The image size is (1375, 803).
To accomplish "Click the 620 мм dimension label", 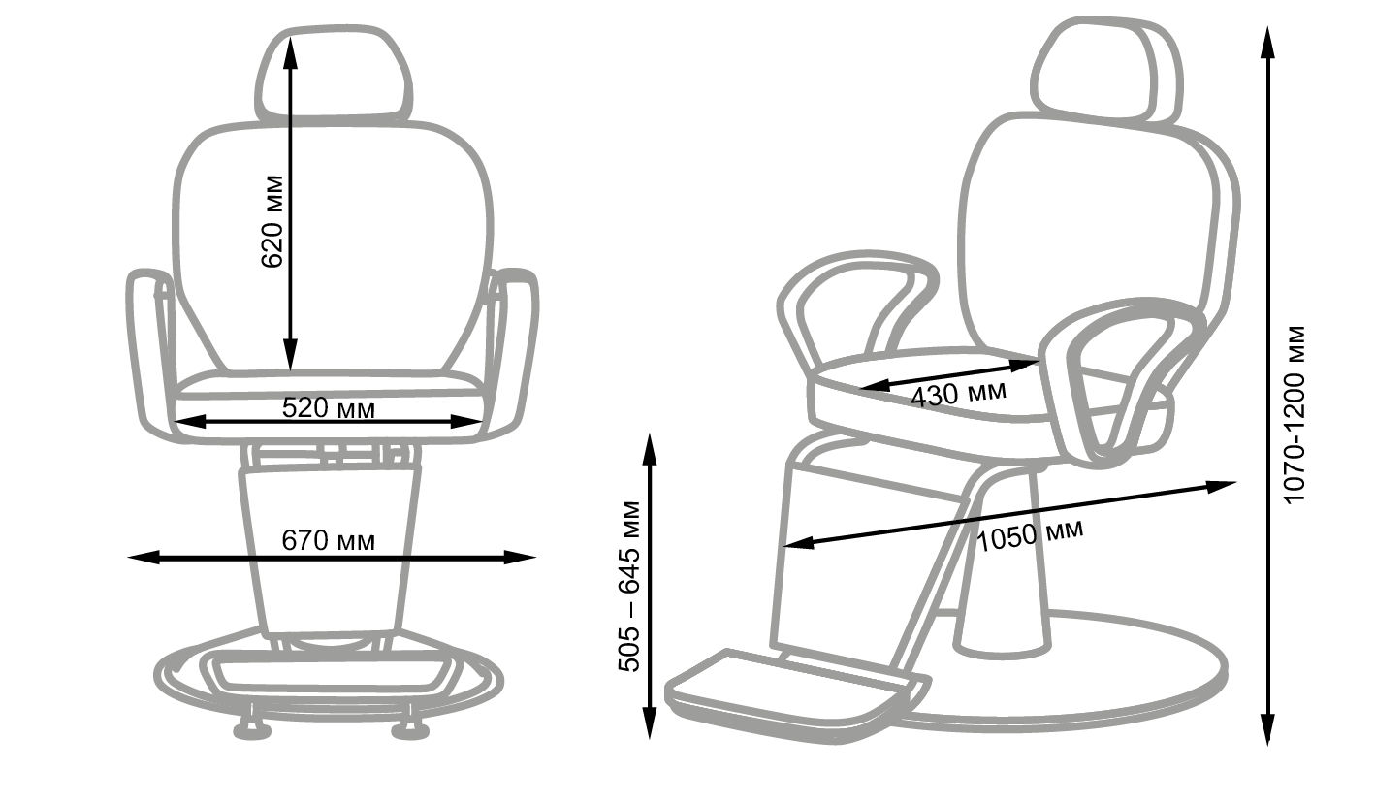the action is [x=272, y=222].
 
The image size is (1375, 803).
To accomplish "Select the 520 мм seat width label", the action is [x=329, y=407].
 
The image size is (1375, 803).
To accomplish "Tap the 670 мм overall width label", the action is [x=329, y=540].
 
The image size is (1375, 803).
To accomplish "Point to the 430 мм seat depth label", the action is [x=959, y=394].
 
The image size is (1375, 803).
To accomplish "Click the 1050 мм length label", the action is [x=1030, y=535].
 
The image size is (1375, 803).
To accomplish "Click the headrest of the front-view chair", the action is [x=334, y=74].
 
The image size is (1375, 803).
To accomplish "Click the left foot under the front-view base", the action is [x=252, y=728].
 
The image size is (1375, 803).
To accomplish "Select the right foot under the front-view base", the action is [x=411, y=728].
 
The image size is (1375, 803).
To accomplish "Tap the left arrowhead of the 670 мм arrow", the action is [x=144, y=557].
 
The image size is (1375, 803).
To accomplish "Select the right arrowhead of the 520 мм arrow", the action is [x=465, y=421].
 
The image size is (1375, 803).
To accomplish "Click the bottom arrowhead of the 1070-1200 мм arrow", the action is [x=1267, y=729].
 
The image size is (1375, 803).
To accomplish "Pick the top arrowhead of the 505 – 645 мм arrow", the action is [x=650, y=449].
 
